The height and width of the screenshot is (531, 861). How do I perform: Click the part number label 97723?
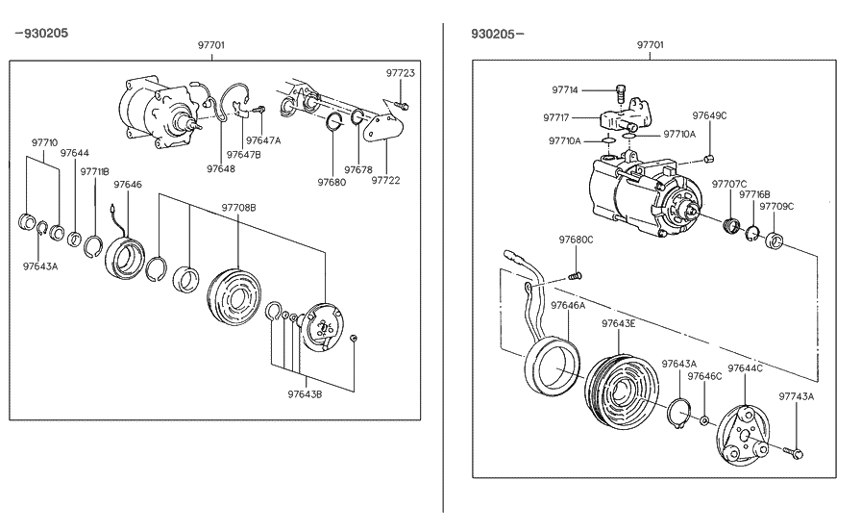coord(400,73)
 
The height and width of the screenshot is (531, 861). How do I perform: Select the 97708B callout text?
coord(239,207)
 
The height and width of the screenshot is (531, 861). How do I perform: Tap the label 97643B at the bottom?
coord(305,393)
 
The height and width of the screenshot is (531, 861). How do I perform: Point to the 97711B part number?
coord(94,171)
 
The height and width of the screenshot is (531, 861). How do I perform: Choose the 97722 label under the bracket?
coord(385,180)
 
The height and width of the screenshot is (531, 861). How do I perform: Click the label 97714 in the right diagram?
coord(565,89)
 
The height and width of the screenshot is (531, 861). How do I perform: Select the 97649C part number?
coord(709,115)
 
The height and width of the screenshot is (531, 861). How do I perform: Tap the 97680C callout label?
coord(576,240)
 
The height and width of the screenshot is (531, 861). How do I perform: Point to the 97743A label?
coord(796,395)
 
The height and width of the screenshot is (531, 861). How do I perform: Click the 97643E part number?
coord(619,323)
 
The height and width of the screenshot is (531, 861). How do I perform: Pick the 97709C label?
coord(776,206)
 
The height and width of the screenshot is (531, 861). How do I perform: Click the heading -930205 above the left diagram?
coord(40,34)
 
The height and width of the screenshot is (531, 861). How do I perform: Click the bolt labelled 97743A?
coord(794,452)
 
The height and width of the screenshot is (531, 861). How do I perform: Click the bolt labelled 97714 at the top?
coord(619,93)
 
